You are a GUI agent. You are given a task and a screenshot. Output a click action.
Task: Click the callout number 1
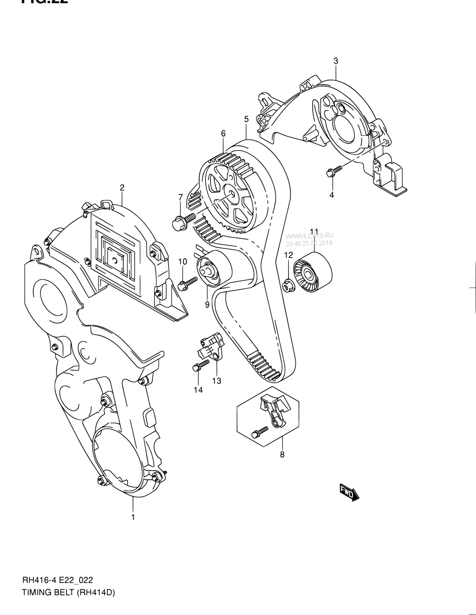point(133,517)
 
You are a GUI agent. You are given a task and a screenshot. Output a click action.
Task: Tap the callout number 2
point(122,187)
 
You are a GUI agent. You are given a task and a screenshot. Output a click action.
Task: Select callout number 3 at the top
point(336,61)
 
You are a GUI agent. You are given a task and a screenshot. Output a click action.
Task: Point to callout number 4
point(332,195)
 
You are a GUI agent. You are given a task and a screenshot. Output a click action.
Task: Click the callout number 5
point(246,119)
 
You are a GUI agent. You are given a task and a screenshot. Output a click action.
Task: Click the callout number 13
point(217,381)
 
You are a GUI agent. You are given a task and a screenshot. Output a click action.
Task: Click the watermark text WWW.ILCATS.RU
point(309,235)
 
